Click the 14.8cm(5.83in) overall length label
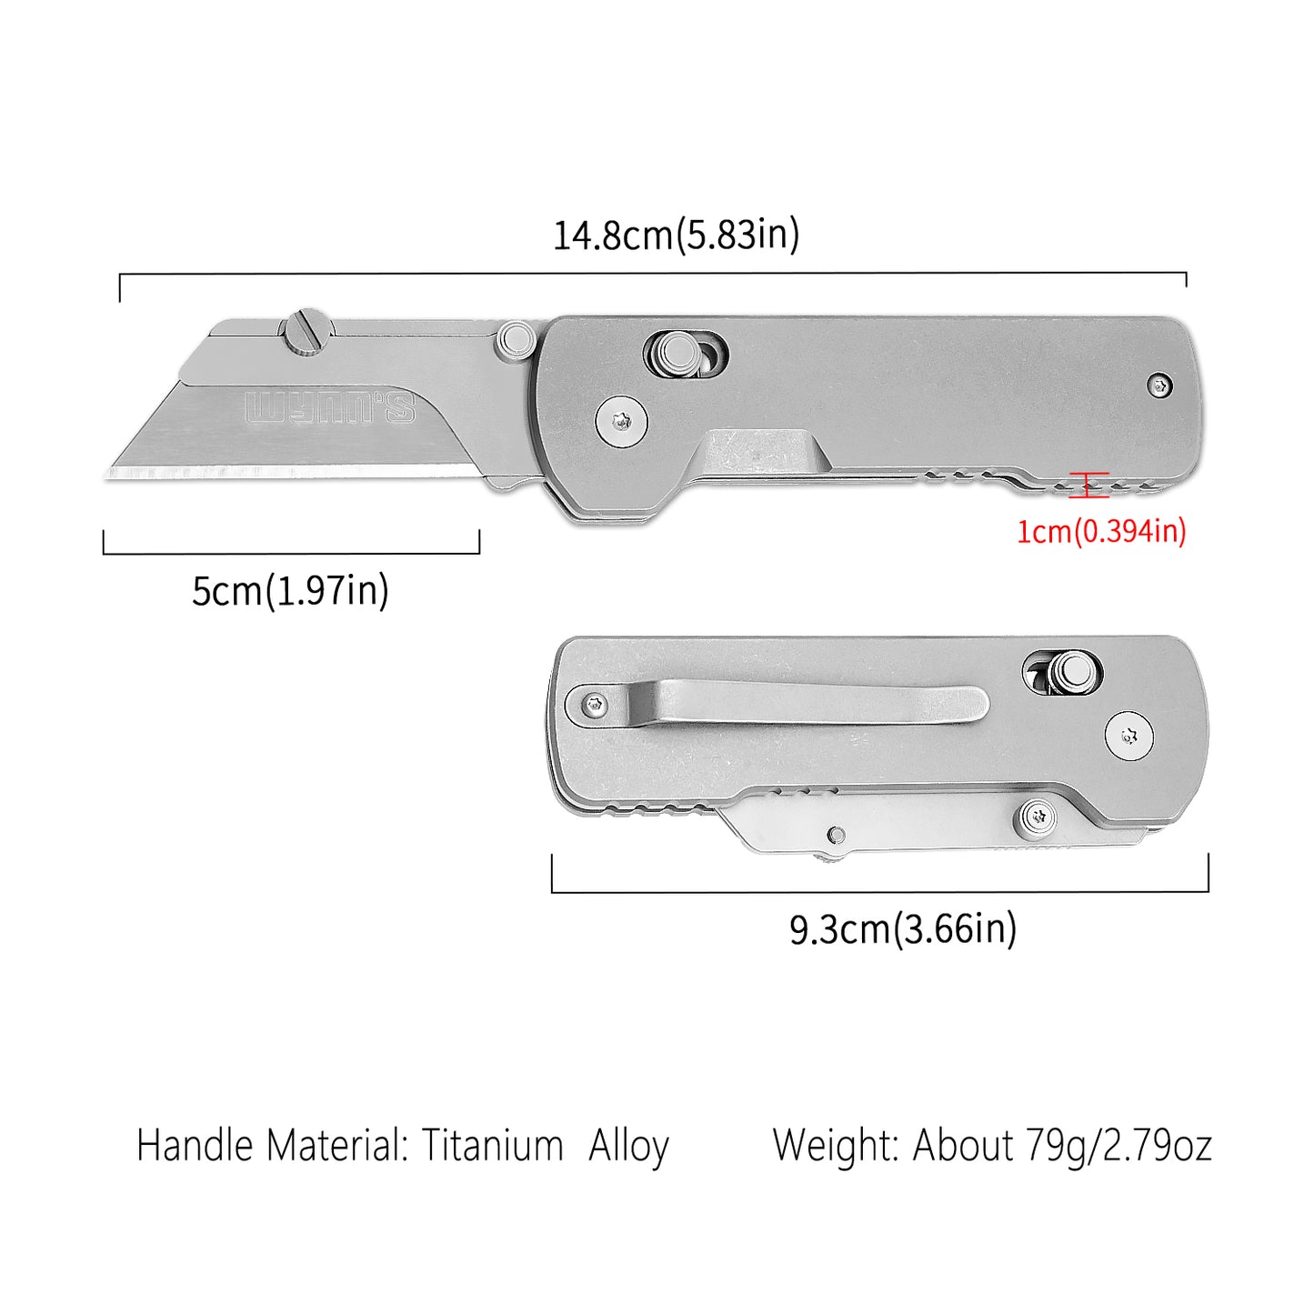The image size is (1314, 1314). pyautogui.click(x=677, y=235)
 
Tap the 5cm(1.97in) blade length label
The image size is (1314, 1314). pyautogui.click(x=290, y=590)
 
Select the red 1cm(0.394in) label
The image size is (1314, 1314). pyautogui.click(x=1101, y=531)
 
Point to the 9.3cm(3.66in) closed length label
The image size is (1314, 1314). pyautogui.click(x=903, y=929)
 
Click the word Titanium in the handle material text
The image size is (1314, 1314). pyautogui.click(x=492, y=1145)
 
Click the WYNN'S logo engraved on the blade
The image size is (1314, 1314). pyautogui.click(x=330, y=408)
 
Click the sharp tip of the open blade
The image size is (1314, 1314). pyautogui.click(x=111, y=472)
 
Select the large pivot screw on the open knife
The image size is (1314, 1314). pyautogui.click(x=622, y=422)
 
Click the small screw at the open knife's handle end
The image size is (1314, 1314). pyautogui.click(x=1159, y=386)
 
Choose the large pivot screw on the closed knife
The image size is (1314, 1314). pyautogui.click(x=1129, y=736)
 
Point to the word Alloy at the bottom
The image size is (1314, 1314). pyautogui.click(x=628, y=1145)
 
